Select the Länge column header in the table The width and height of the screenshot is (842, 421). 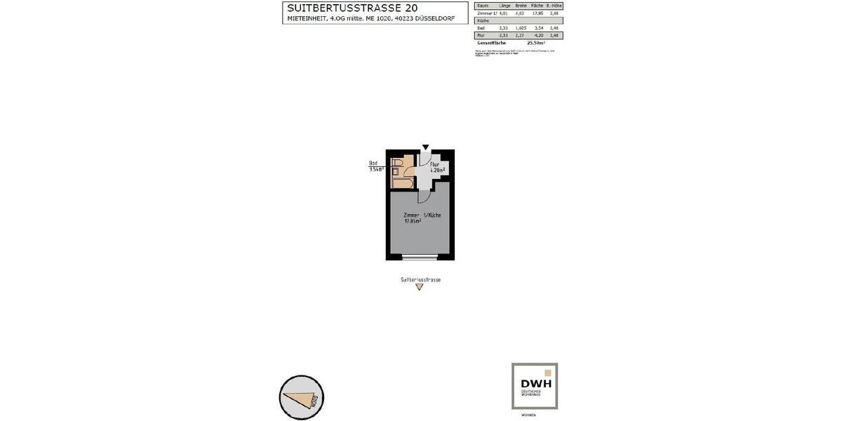(x=504, y=6)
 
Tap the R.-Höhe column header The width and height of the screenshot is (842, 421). (x=555, y=6)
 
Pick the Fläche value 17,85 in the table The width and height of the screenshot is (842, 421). (x=537, y=13)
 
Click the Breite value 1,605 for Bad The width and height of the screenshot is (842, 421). (x=521, y=28)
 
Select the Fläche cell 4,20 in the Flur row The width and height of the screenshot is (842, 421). (x=537, y=35)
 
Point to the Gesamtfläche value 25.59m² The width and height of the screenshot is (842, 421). (x=536, y=43)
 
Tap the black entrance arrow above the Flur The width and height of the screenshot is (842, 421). (x=425, y=147)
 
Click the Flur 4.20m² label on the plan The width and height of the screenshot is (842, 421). (x=437, y=167)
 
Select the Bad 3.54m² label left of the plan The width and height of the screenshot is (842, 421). (x=375, y=166)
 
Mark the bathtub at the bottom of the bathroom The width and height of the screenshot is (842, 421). (x=402, y=181)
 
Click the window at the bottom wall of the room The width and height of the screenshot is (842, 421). (x=420, y=257)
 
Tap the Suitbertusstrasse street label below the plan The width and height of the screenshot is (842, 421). (x=420, y=279)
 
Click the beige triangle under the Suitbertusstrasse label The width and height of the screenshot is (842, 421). (x=420, y=287)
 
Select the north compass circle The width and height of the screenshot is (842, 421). (x=302, y=397)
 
